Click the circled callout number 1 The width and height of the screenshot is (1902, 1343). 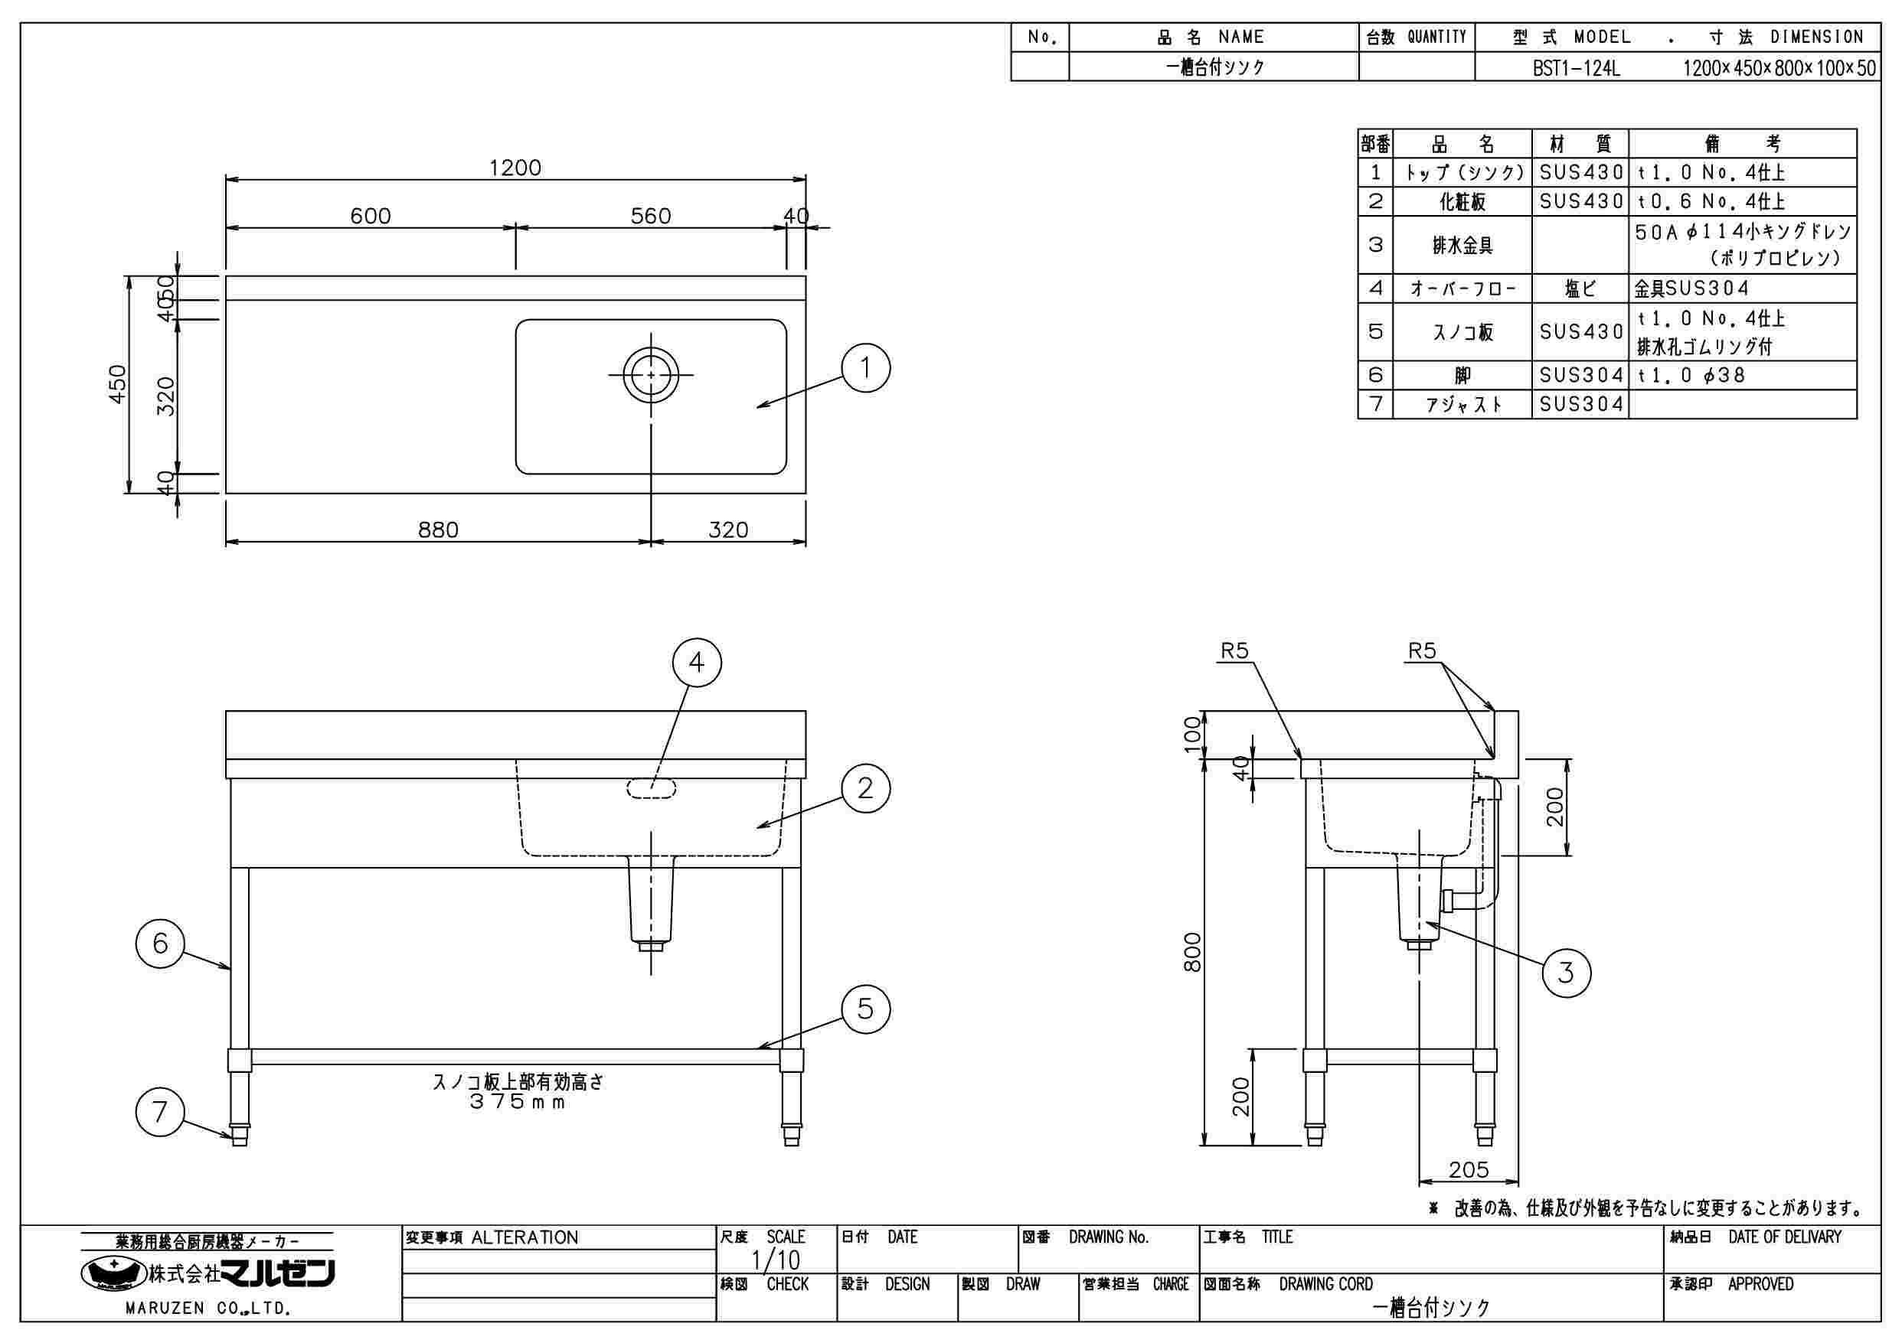[x=866, y=367]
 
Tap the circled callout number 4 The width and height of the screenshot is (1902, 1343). [x=697, y=663]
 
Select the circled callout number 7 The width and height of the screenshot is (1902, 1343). [x=160, y=1112]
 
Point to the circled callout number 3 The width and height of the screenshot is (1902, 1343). [x=1566, y=972]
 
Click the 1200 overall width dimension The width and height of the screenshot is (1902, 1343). [x=515, y=168]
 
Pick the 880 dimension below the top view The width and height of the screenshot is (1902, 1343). [x=438, y=529]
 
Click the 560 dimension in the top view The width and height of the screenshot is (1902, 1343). [x=650, y=216]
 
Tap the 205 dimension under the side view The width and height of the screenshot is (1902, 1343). [x=1469, y=1169]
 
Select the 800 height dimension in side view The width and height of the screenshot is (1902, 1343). [x=1192, y=952]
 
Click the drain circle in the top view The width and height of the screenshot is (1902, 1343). [x=651, y=374]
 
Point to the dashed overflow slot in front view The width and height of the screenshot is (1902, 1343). [x=651, y=788]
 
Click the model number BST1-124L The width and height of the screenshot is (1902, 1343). [x=1576, y=69]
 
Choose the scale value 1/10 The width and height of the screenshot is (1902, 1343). [x=776, y=1260]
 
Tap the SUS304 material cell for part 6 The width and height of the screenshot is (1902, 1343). [x=1580, y=375]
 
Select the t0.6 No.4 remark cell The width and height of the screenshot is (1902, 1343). [x=1711, y=201]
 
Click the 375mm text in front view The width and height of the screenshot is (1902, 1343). [x=518, y=1102]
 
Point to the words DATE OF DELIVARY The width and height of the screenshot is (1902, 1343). [x=1785, y=1238]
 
